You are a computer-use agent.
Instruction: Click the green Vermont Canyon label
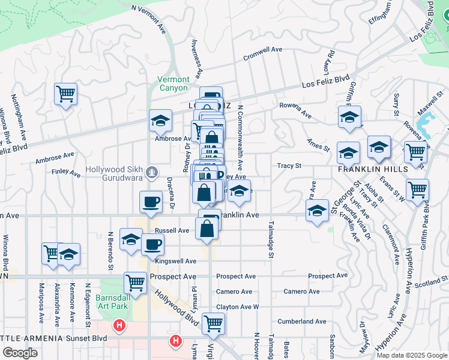(x=173, y=84)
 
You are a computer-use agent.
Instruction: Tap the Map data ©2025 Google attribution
(x=412, y=355)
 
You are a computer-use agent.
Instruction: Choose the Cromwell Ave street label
(x=262, y=54)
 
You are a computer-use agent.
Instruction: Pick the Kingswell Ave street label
(x=176, y=262)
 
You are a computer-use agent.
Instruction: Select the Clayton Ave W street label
(x=237, y=307)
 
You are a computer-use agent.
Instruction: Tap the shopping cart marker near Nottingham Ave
(x=65, y=94)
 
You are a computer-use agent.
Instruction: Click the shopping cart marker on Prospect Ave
(x=136, y=281)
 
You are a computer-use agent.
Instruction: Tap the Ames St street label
(x=318, y=146)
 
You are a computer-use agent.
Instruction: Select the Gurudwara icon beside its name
(x=152, y=173)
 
